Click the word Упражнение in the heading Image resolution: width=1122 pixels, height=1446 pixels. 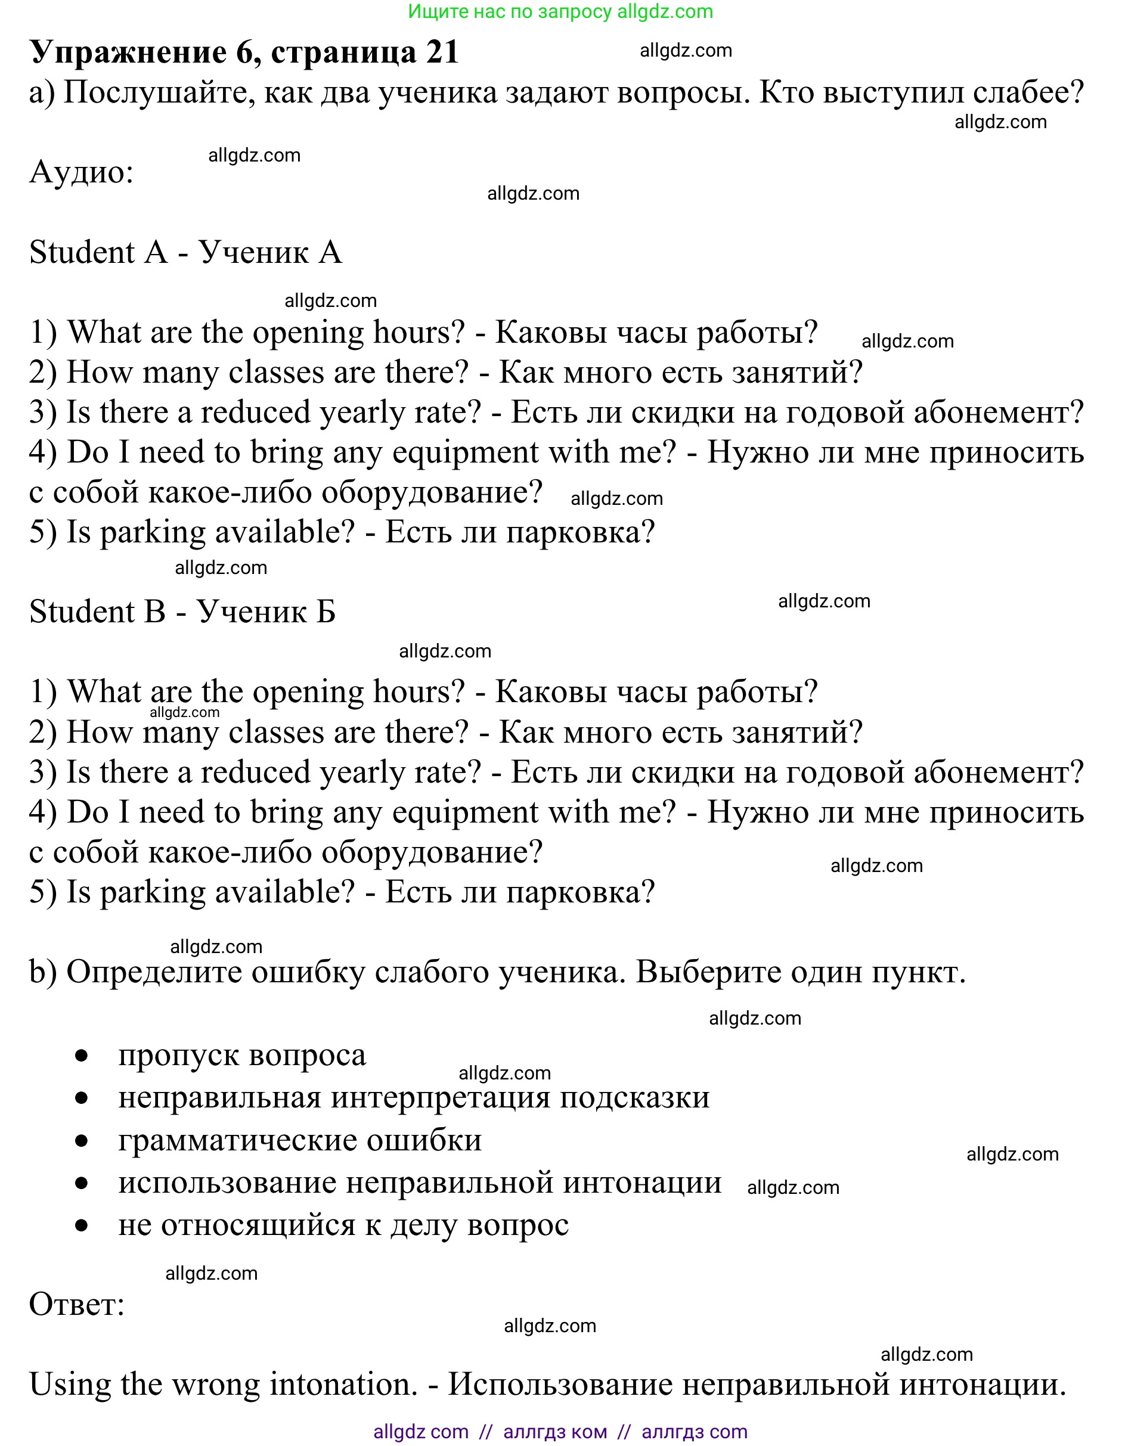pos(128,52)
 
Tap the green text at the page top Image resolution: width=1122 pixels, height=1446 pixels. pos(560,11)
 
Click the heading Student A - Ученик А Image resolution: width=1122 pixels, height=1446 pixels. pos(185,252)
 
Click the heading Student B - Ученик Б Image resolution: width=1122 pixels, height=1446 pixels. pos(182,612)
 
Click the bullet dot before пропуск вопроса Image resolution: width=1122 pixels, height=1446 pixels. pos(82,1056)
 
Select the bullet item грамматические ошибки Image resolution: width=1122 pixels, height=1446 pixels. pos(299,1140)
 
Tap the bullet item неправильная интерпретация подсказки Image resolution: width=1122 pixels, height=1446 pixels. pos(413,1098)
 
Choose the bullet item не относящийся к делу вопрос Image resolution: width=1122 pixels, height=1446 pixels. pos(343,1225)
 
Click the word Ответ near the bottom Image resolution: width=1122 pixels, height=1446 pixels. pos(76,1305)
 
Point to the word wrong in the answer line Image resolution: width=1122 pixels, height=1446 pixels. pos(216,1385)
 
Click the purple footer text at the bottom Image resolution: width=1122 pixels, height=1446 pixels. pos(560,1432)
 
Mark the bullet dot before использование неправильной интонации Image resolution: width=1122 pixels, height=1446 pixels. pos(82,1183)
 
